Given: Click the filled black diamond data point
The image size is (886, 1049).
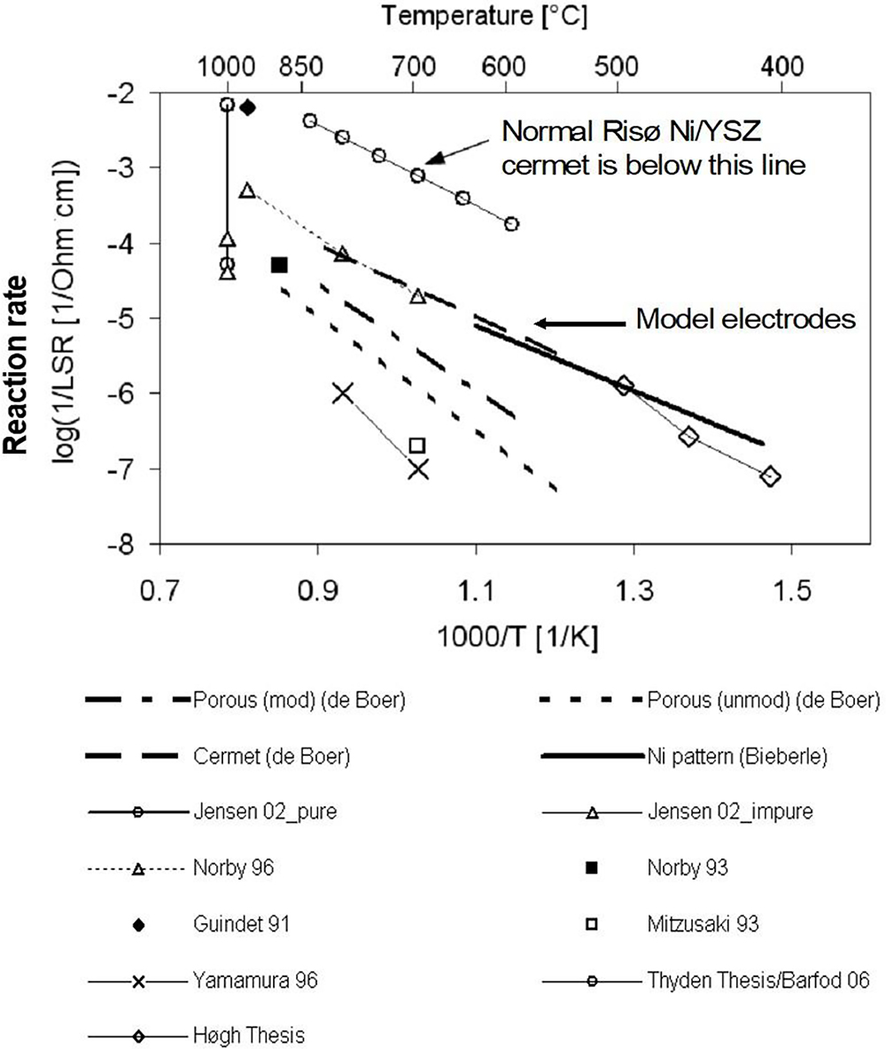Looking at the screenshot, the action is click(x=248, y=107).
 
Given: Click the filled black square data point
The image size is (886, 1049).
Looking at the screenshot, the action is click(x=279, y=265).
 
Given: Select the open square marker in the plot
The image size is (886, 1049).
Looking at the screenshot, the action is click(x=417, y=446).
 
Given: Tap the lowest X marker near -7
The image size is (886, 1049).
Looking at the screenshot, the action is click(x=418, y=470).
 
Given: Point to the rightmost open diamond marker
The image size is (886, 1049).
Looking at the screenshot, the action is click(x=770, y=477).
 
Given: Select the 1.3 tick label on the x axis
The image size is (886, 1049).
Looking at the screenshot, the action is click(x=633, y=591).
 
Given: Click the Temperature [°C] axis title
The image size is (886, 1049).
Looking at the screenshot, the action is click(x=485, y=16).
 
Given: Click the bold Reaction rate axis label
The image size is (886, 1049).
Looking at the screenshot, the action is click(x=17, y=365).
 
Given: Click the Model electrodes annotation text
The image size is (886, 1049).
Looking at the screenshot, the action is click(x=745, y=319).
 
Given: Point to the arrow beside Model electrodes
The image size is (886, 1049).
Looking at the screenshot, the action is click(x=580, y=323).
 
